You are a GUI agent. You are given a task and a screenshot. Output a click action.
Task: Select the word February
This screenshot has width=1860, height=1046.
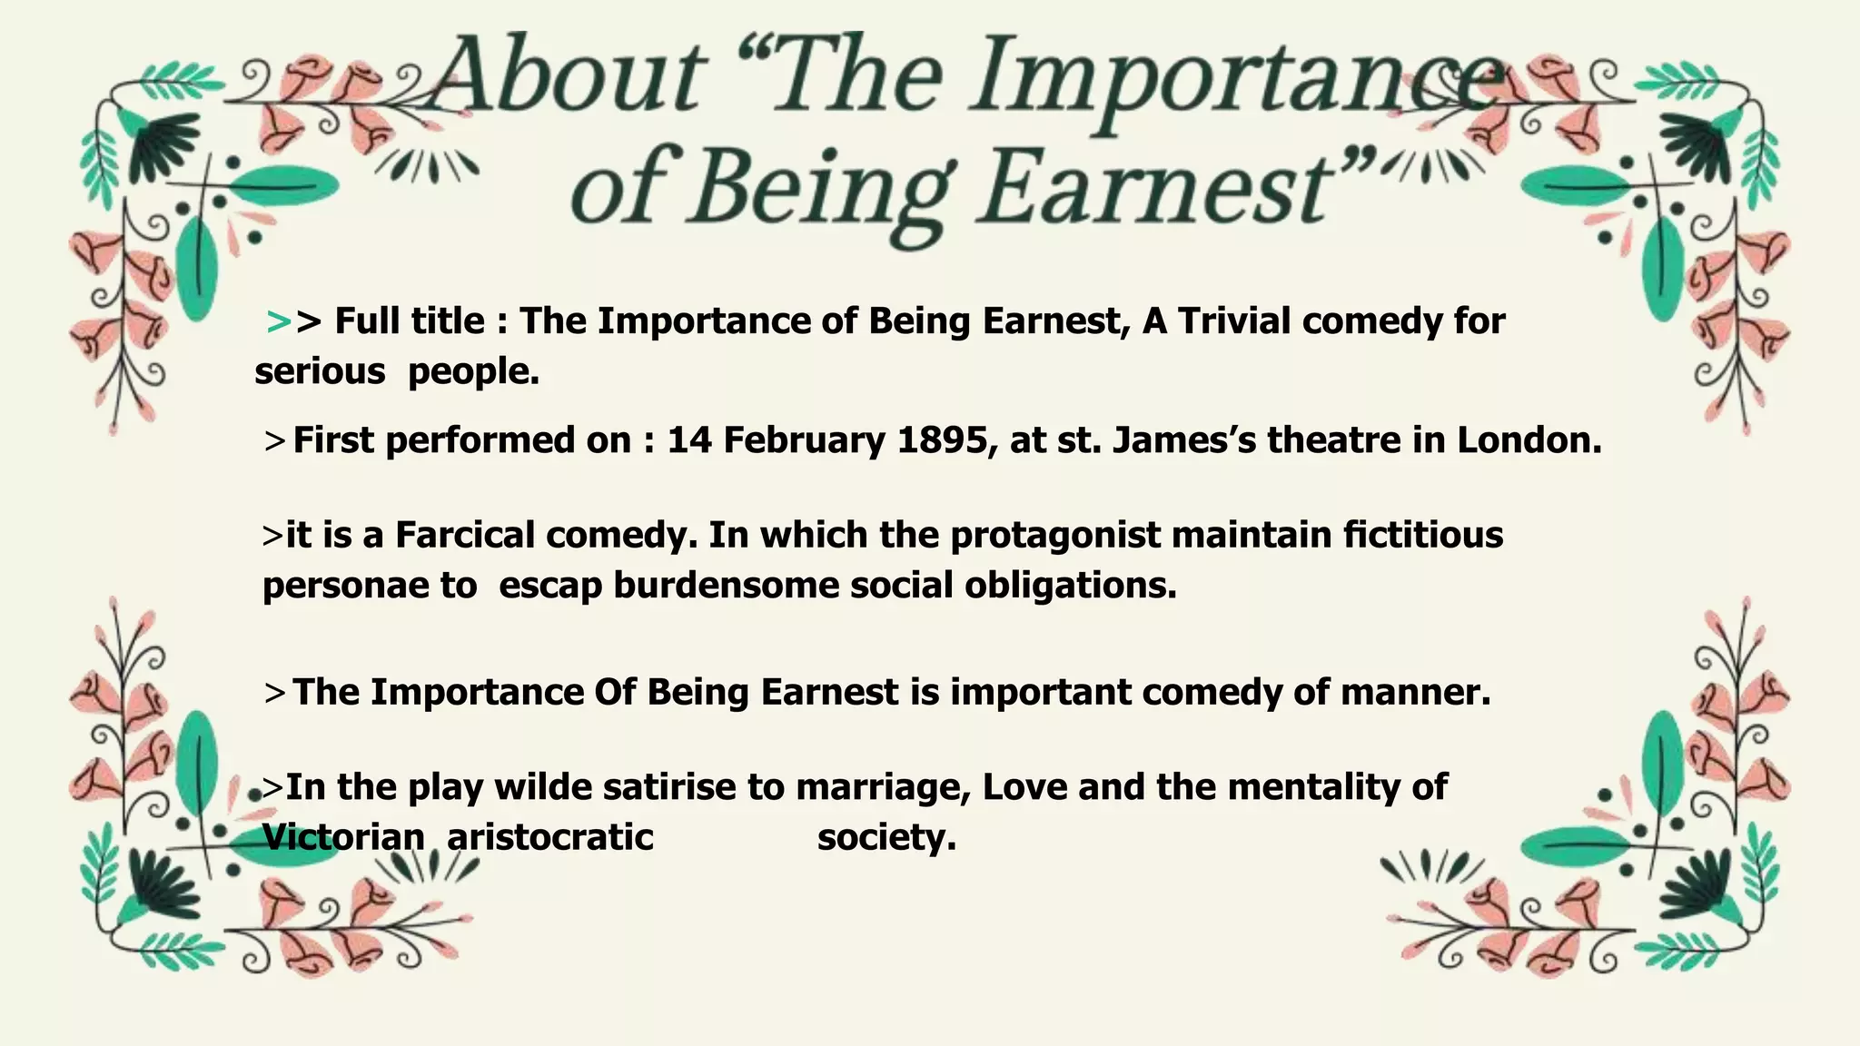(x=803, y=442)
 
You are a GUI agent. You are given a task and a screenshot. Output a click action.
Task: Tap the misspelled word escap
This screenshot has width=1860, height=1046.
(x=550, y=587)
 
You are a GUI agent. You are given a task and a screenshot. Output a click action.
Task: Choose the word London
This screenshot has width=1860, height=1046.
(x=1529, y=440)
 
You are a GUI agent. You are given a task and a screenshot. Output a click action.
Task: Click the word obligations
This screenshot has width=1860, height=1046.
(x=1071, y=587)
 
